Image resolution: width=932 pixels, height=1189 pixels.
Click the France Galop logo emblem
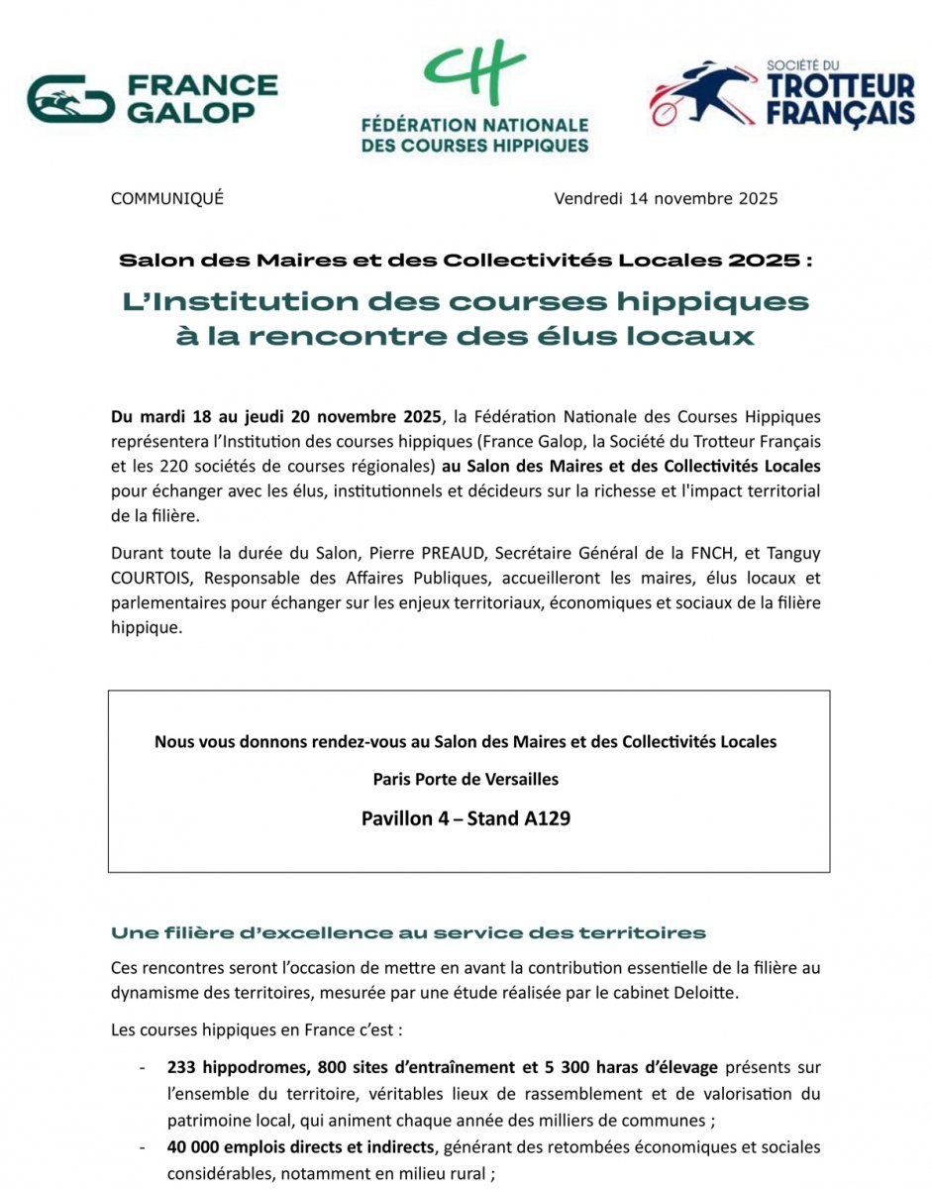tap(70, 99)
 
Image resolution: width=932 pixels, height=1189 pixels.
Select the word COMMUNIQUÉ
tap(167, 198)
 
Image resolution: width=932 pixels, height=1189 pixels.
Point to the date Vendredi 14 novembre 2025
tap(666, 198)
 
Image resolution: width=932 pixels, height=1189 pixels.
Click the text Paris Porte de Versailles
tap(466, 780)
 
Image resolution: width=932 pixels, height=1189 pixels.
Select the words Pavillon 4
tap(408, 819)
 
